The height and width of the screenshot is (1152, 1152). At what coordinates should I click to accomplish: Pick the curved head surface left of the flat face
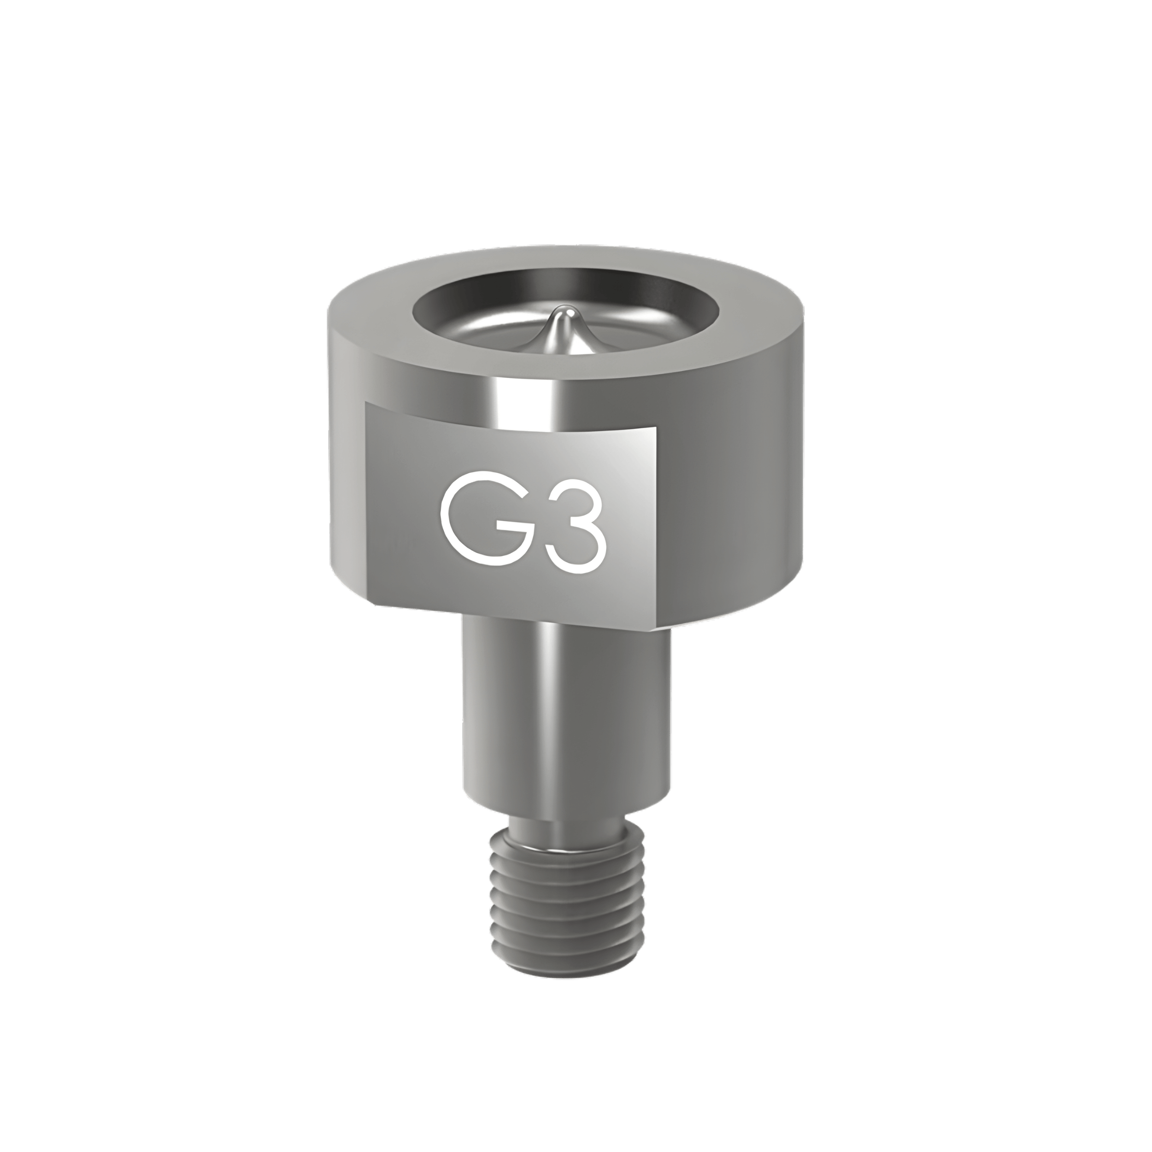click(x=346, y=477)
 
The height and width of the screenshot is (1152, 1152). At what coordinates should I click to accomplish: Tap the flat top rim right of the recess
click(x=757, y=316)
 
